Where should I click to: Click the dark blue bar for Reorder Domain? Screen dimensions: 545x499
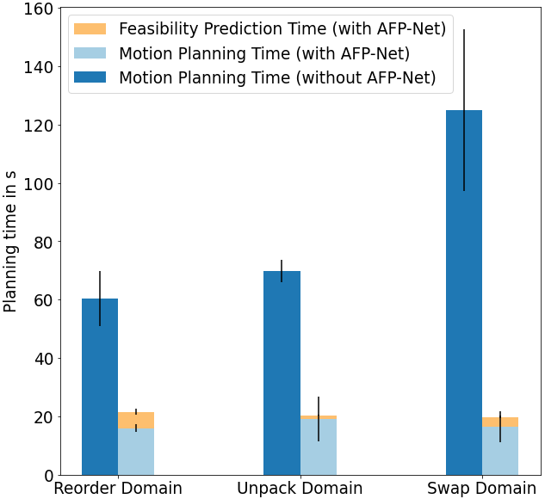coord(100,386)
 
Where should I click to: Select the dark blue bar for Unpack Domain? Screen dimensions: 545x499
coord(282,373)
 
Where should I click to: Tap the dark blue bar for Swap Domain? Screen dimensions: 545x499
coord(464,293)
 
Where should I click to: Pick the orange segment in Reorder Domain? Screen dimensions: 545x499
coord(136,420)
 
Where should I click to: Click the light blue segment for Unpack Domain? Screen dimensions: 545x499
coord(319,447)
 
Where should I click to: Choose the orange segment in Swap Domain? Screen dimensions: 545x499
coord(500,422)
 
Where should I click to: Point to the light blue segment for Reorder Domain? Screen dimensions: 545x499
coord(136,452)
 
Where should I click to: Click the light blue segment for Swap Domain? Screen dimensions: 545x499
coord(500,451)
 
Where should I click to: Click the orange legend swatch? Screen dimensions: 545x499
coord(90,29)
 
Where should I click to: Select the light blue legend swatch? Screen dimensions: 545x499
coord(90,53)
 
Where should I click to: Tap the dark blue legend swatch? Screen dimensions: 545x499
coord(90,77)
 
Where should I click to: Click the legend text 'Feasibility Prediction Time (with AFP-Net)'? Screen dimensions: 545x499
coord(282,28)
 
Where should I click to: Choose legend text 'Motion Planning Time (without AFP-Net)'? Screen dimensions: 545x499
coord(277,77)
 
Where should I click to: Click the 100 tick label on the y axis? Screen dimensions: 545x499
coord(38,183)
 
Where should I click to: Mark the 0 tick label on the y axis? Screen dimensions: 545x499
coord(49,475)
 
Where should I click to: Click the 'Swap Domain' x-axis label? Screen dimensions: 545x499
coord(482,488)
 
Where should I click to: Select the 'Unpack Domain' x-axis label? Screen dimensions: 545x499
coord(300,488)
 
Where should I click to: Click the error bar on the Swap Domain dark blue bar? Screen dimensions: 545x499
coord(464,110)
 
